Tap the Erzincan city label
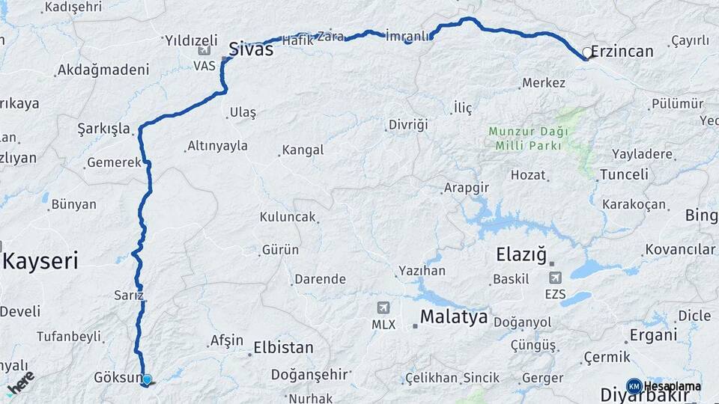(622, 52)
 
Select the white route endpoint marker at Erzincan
(586, 53)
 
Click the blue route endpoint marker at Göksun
(147, 380)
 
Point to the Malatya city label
(453, 316)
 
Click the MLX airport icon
(383, 307)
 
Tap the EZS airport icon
(556, 278)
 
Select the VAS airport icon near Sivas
(204, 51)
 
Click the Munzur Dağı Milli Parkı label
(528, 138)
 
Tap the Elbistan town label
(283, 348)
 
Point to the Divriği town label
(408, 124)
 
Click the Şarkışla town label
(104, 128)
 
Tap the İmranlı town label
(407, 36)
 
